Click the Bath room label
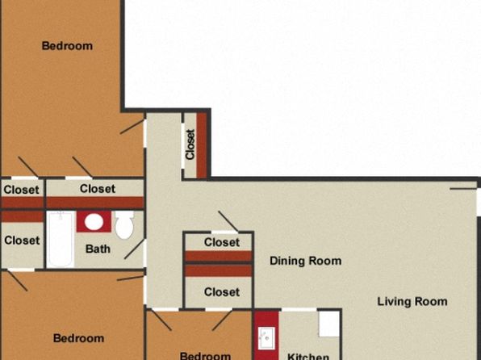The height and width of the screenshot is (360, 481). [x=98, y=249]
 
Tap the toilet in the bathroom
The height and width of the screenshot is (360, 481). [x=124, y=225]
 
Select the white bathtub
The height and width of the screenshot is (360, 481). [x=61, y=239]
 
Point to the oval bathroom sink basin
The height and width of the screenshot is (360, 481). [x=94, y=222]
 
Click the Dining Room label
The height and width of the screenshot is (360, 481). [x=306, y=261]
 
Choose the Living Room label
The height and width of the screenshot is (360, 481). [x=412, y=301]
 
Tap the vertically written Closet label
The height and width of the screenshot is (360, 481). [x=190, y=144]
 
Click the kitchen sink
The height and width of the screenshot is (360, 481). [x=266, y=338]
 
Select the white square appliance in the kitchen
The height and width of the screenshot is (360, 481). [x=328, y=324]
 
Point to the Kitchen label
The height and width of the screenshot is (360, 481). [x=308, y=356]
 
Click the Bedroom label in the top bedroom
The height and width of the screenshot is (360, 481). [x=67, y=46]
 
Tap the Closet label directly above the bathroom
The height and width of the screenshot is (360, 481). [x=98, y=188]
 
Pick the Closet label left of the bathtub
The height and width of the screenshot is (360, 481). [x=22, y=241]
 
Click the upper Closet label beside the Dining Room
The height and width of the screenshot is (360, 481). [x=222, y=242]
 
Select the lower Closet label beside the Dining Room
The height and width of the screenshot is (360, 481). [x=222, y=292]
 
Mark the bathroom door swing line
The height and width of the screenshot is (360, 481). [x=134, y=249]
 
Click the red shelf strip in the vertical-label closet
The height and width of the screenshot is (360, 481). [x=202, y=145]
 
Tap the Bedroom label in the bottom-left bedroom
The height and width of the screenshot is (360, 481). [x=78, y=338]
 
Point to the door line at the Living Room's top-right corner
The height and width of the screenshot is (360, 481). [x=463, y=189]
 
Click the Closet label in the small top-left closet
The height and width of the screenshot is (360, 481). [x=22, y=190]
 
